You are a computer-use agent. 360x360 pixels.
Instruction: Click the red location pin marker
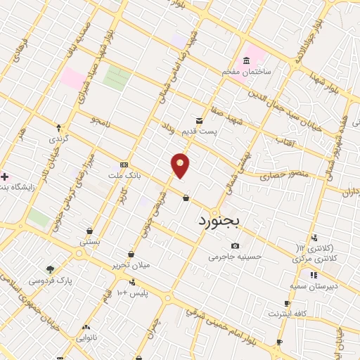(181, 165)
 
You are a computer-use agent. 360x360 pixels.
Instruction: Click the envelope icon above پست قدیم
(200, 120)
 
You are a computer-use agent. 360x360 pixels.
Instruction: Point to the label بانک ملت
(125, 174)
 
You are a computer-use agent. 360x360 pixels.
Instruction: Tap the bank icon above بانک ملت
(124, 163)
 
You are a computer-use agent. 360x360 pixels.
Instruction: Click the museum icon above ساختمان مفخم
(245, 60)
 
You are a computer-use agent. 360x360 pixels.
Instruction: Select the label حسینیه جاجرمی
(235, 257)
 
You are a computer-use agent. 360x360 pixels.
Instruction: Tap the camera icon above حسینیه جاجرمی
(235, 246)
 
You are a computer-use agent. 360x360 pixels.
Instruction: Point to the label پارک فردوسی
(50, 279)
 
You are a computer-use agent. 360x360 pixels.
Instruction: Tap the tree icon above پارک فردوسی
(50, 269)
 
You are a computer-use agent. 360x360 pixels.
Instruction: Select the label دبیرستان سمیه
(314, 285)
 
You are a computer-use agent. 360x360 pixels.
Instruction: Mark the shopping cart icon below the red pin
(186, 198)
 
